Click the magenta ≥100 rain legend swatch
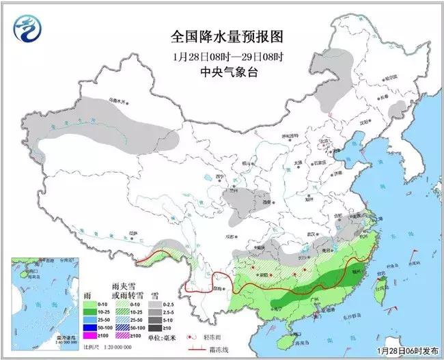coord(88,335)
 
